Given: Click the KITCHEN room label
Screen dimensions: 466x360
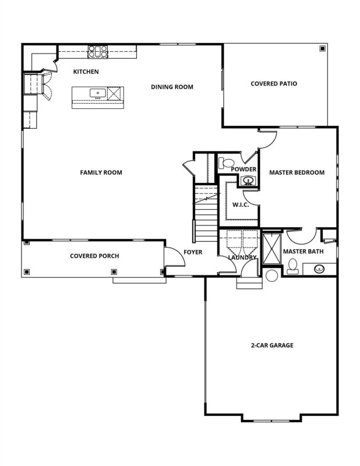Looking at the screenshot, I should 86,72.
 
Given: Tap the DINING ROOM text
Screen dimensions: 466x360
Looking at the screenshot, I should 172,87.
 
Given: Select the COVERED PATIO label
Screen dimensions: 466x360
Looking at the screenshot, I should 274,83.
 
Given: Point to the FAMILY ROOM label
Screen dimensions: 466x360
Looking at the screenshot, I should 101,172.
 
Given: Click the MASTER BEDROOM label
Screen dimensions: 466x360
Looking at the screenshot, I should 297,172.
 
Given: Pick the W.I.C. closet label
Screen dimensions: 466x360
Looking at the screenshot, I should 241,204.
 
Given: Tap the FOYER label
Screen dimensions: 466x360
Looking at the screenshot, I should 193,252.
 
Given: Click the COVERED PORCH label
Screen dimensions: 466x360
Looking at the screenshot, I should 94,256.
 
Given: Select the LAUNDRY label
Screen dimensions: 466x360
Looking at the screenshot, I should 242,257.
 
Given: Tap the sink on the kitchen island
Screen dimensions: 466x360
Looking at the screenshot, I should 97,93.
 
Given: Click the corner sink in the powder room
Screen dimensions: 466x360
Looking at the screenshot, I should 249,180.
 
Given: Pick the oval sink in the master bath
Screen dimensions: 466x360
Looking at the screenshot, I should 320,269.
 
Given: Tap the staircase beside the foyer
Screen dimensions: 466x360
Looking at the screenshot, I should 204,213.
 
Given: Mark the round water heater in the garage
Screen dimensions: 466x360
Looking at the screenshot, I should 272,277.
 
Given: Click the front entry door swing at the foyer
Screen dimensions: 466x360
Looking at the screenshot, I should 172,256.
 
